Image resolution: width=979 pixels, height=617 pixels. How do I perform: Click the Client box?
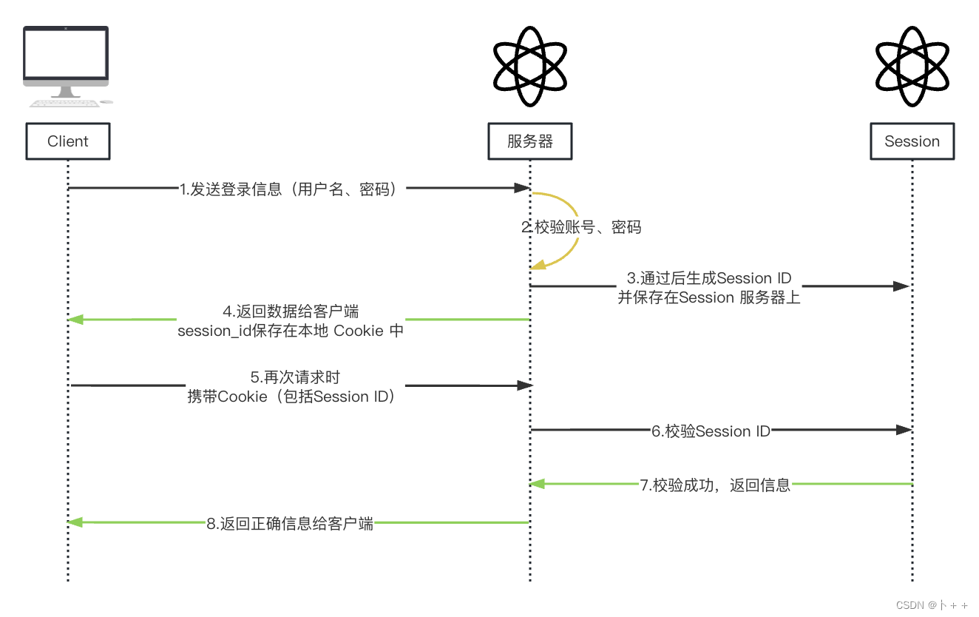[x=67, y=141]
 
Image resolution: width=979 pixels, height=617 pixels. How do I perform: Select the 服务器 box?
[x=530, y=141]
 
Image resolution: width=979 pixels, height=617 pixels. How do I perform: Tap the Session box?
[x=912, y=141]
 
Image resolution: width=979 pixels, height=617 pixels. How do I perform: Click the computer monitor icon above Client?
[x=66, y=64]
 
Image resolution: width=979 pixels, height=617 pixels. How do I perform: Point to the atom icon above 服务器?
[x=530, y=67]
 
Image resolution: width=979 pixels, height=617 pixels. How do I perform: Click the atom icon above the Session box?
[x=912, y=67]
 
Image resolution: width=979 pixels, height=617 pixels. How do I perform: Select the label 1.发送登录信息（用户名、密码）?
[x=293, y=189]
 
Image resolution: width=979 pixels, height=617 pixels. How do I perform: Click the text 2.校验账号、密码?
[x=581, y=227]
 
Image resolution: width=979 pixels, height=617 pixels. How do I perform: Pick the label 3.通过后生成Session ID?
[x=709, y=278]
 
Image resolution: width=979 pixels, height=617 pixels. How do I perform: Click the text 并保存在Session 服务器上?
[x=709, y=298]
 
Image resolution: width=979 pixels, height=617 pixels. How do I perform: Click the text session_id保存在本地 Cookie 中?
[x=291, y=331]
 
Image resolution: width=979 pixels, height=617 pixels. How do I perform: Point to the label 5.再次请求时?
[x=295, y=377]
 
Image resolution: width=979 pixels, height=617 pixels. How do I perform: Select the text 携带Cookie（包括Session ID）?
[x=294, y=397]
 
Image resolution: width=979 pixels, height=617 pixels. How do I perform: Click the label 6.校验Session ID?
[x=711, y=431]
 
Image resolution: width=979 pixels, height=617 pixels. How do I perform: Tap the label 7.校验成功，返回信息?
[x=716, y=485]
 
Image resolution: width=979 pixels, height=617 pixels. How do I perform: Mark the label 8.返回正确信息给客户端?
[x=290, y=524]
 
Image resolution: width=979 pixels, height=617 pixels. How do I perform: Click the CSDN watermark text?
[x=932, y=604]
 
